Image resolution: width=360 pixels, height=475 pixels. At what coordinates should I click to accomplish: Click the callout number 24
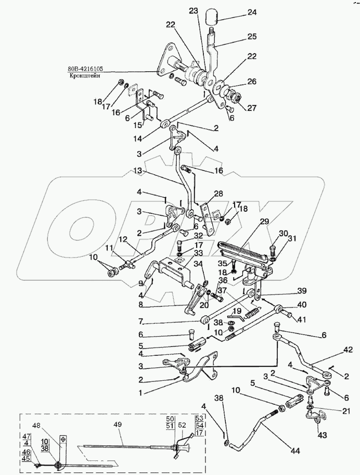coord(243,12)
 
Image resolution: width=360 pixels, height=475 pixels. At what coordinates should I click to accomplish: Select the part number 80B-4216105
coord(85,69)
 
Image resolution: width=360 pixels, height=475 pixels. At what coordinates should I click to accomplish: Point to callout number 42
coord(348,350)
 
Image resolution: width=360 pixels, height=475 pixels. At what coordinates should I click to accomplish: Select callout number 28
coord(218,194)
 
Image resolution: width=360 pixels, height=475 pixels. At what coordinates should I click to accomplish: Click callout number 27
coord(252,108)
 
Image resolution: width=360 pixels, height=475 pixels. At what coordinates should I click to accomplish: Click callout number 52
coord(181,425)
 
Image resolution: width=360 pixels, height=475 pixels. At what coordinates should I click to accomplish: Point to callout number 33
coord(182,253)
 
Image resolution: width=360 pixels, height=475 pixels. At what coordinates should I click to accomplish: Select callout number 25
coord(251,36)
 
